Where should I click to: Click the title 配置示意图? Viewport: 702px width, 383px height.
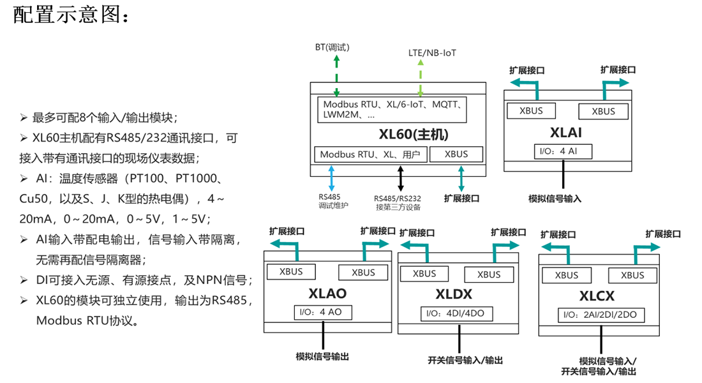pos(71,15)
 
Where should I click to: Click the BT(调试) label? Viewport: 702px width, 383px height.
pos(332,47)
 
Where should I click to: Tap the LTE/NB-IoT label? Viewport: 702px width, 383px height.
pos(432,53)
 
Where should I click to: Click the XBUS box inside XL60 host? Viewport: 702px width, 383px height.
pos(456,154)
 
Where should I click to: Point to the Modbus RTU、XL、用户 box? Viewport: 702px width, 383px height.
pos(370,154)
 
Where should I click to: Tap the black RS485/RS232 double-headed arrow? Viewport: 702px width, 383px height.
pos(401,178)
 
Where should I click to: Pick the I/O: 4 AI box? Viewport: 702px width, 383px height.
pos(564,152)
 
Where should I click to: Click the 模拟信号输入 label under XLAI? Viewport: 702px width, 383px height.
pos(555,199)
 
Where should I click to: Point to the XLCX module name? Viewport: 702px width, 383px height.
pos(597,296)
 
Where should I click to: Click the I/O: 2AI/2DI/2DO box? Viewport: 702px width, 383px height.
pos(601,315)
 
